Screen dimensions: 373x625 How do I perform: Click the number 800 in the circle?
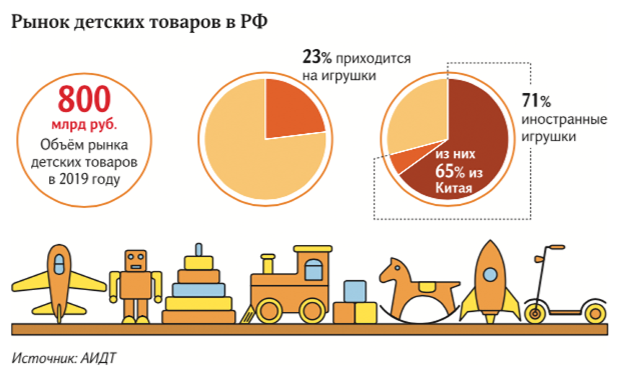85,97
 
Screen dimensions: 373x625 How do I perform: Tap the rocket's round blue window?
490,274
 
